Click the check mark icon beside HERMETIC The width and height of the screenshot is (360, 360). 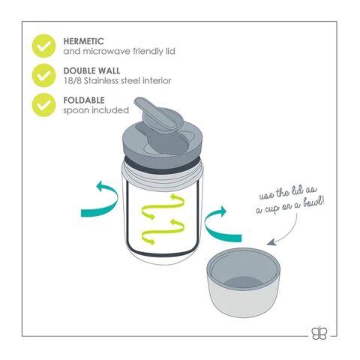pos(43,46)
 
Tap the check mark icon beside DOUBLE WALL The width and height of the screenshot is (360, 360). pos(43,76)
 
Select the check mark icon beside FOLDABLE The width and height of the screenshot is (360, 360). pos(43,105)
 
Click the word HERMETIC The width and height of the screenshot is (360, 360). pos(83,41)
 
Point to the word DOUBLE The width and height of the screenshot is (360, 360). pos(78,70)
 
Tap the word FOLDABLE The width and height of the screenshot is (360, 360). pos(84,100)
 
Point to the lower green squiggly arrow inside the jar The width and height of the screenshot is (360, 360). pos(163,231)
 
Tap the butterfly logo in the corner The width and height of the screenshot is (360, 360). pos(319,333)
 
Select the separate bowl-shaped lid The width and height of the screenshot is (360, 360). pos(244,283)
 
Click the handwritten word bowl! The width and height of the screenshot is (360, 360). pos(313,203)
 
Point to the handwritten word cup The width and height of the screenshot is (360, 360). pos(271,208)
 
